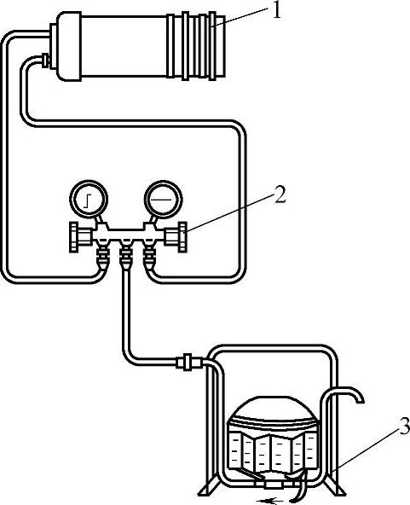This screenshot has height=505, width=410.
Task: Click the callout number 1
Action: tap(275, 12)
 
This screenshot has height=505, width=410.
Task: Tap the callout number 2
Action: tap(280, 194)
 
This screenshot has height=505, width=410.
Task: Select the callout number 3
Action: tap(404, 426)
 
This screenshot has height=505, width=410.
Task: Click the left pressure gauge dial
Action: tap(88, 200)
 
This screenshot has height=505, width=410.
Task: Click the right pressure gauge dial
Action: tap(163, 200)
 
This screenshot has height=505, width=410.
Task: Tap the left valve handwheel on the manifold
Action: tap(73, 237)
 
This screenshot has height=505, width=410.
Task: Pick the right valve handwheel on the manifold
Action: tap(182, 237)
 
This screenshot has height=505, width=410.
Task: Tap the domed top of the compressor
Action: tap(273, 409)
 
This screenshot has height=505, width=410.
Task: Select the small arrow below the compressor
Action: tap(270, 501)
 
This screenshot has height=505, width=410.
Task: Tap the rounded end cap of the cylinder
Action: tap(69, 46)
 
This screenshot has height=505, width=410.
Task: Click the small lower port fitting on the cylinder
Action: tap(46, 61)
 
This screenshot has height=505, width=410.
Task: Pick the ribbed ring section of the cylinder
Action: tap(196, 46)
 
